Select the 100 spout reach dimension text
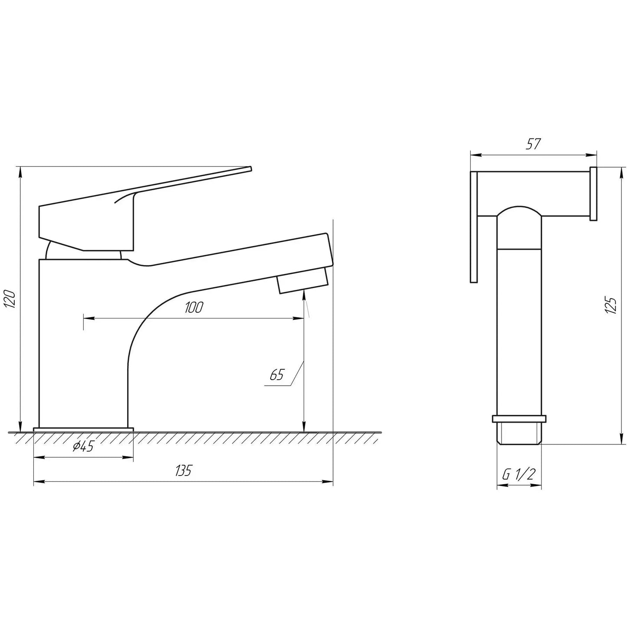194,308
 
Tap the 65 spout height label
276,375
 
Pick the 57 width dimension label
533,144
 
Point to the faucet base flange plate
83,430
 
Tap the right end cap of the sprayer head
593,194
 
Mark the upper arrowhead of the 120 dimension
20,171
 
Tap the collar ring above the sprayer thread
519,419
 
